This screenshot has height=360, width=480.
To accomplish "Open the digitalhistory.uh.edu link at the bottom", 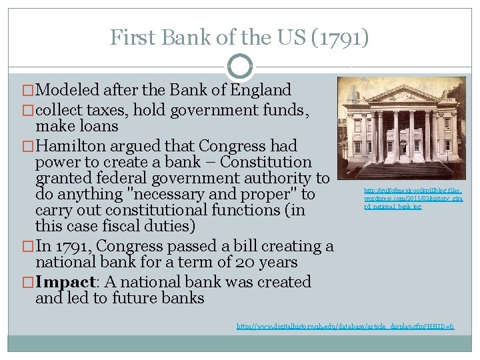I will click(345, 326).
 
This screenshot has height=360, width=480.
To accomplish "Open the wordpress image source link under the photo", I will click(403, 199).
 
